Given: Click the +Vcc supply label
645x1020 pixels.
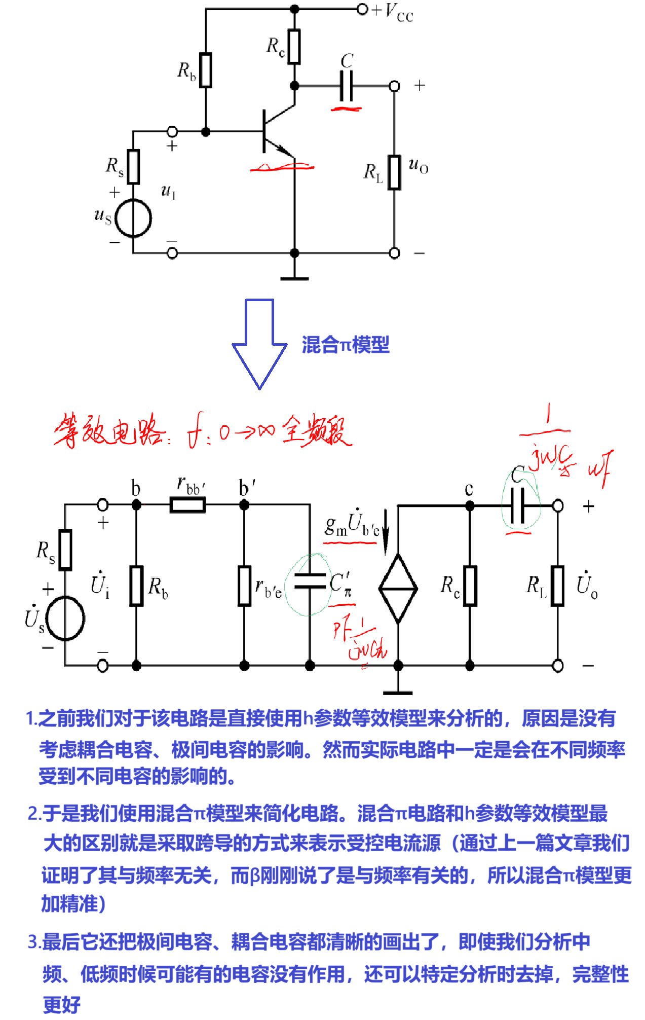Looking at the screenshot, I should tap(393, 11).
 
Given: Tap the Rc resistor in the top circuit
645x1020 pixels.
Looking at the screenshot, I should tap(294, 47).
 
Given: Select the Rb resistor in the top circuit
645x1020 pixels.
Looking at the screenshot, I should tap(206, 70).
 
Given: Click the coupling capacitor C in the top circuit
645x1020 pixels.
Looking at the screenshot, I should tap(346, 86).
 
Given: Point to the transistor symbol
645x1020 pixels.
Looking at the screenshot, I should tap(276, 131).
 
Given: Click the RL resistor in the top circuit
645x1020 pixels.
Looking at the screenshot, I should tap(394, 172).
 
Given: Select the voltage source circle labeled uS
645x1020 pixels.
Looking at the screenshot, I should tap(133, 218).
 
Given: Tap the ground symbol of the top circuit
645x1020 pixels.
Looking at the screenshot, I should tap(294, 278).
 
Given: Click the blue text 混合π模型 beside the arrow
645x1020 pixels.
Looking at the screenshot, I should tap(346, 345).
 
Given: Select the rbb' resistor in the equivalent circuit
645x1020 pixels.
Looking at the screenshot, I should tap(187, 505).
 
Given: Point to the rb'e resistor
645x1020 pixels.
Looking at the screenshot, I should tap(244, 586).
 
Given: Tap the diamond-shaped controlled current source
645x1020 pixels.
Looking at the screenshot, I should tap(398, 588).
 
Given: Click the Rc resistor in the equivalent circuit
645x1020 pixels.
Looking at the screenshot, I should tap(470, 586).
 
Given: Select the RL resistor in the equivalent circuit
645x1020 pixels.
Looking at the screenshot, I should tap(558, 586).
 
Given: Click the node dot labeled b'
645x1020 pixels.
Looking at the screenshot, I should tap(244, 505).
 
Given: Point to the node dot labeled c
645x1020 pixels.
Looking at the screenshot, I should tap(470, 505).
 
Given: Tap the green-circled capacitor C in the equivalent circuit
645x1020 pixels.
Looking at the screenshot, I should tap(518, 505).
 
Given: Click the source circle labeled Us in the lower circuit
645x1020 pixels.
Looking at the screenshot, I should tap(65, 618).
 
